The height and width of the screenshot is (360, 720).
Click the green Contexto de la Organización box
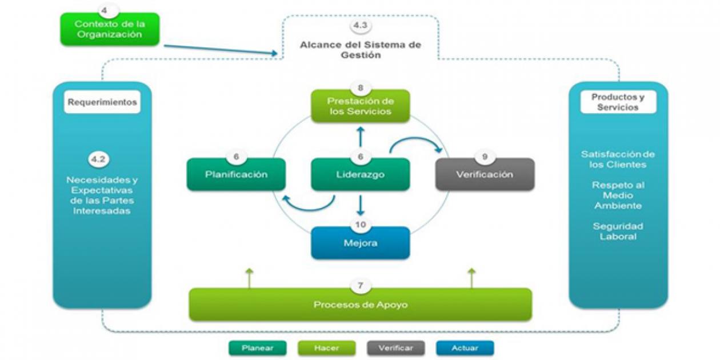point(110,30)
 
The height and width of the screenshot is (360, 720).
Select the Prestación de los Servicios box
point(360,106)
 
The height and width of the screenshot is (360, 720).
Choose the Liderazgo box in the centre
point(360,174)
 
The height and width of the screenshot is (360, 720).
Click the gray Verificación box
point(485,174)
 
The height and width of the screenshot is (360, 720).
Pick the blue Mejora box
point(360,243)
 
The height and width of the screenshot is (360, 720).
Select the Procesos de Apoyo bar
point(360,305)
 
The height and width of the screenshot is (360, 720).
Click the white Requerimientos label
point(102,103)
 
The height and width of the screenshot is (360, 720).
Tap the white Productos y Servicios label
point(618,102)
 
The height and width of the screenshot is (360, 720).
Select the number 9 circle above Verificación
point(485,157)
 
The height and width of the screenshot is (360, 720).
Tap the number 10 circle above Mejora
point(361,225)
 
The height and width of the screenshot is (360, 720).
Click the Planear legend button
point(257,347)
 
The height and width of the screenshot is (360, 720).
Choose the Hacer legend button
point(326,347)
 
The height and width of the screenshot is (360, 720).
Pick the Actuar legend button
point(465,347)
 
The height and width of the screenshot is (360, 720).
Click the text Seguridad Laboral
point(618,231)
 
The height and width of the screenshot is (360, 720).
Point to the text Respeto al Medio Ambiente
point(618,195)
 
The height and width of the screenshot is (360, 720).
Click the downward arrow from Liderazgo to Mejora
point(361,205)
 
